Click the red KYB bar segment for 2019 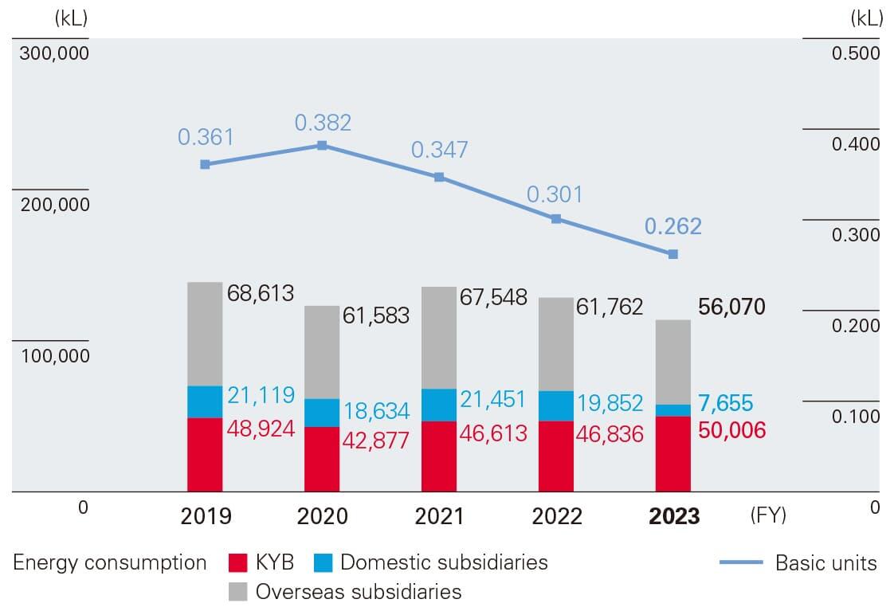tap(205, 454)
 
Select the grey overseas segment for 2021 tap(439, 338)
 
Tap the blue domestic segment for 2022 tap(556, 405)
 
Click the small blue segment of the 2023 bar tap(673, 410)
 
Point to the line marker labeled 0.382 tap(322, 146)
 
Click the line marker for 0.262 tap(673, 254)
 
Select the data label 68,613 tap(261, 293)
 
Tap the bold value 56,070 tap(731, 307)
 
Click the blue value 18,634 tap(376, 411)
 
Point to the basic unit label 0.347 tap(439, 150)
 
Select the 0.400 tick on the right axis tap(856, 144)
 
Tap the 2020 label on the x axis tap(322, 516)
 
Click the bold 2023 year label tap(674, 516)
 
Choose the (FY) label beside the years tap(768, 515)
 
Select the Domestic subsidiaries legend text tap(444, 562)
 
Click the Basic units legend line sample tap(741, 563)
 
